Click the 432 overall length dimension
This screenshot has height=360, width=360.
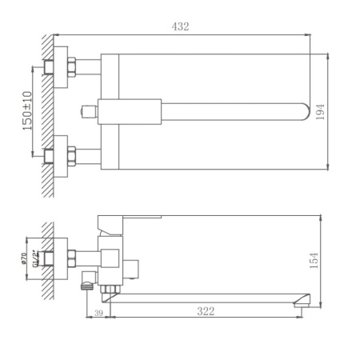click(x=181, y=26)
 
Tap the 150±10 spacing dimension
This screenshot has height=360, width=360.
click(x=27, y=111)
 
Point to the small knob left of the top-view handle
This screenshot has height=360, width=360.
click(x=86, y=110)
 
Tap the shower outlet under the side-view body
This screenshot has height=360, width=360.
click(x=86, y=281)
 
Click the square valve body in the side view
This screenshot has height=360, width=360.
click(x=110, y=256)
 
